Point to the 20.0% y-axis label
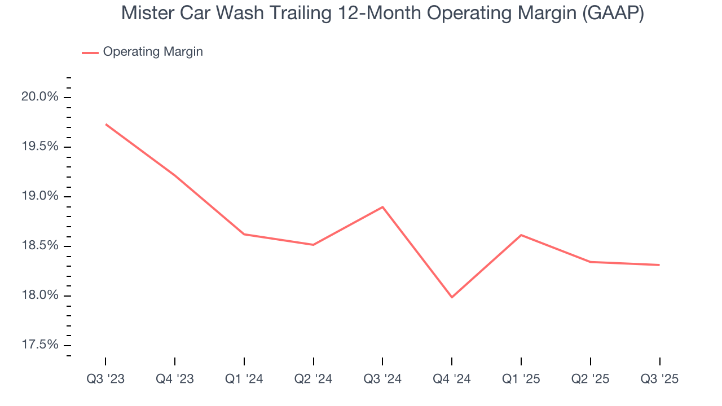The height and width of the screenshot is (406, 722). pos(39,97)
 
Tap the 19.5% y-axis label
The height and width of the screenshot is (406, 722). pos(39,147)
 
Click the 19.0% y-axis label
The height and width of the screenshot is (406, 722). pos(39,196)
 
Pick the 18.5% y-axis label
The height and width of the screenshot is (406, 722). pos(39,246)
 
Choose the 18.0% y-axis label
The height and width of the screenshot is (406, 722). pos(39,295)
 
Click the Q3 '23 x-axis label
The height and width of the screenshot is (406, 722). pos(105,379)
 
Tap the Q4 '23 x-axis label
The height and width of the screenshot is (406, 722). pos(175,379)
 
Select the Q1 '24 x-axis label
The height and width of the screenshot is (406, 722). pos(244,379)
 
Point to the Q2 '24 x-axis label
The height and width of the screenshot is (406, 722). pos(313,379)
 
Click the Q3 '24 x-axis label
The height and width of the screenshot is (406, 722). pos(382,379)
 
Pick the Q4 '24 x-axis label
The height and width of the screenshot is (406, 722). pos(452,379)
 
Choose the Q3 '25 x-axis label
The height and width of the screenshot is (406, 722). pos(659,379)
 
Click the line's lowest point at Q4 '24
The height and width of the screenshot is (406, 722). pos(452,297)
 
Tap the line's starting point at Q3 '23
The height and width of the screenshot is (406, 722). pos(105,124)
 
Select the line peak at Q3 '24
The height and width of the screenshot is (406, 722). pos(382,207)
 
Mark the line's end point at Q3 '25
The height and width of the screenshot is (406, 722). pos(659,265)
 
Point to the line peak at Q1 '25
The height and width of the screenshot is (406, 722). pos(521,235)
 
